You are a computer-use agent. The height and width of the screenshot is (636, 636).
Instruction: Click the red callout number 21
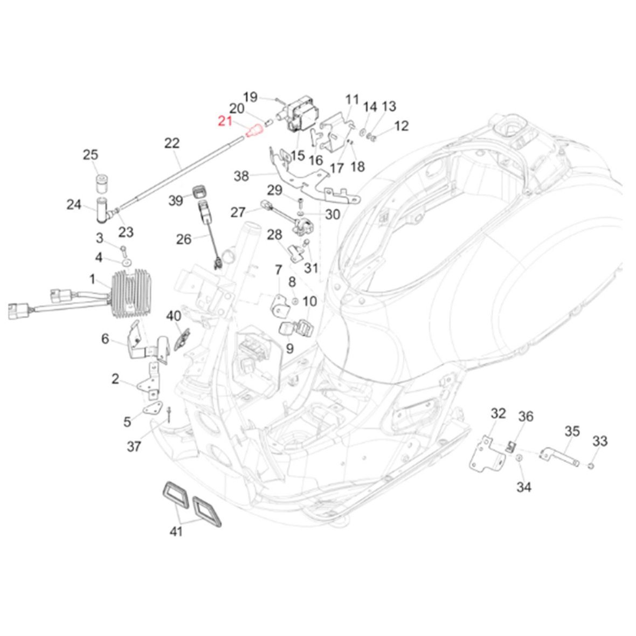point(224,122)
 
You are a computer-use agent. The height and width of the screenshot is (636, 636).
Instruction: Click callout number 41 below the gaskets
point(176,531)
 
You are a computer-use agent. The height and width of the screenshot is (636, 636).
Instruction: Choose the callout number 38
point(241,176)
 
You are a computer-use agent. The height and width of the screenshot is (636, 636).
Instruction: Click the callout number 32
point(498,413)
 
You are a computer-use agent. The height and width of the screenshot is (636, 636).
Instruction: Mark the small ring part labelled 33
point(591,465)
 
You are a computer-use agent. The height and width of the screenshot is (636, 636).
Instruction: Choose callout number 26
point(184,238)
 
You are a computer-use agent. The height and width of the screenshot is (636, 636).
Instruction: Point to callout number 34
point(523,487)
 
